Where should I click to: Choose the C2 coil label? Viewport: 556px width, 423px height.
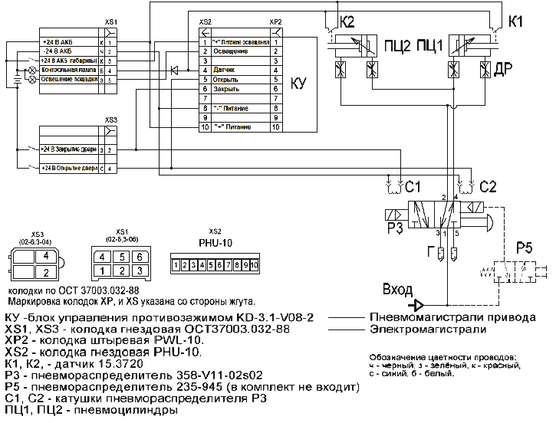click(x=488, y=185)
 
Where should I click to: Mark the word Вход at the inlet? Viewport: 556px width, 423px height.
click(x=397, y=290)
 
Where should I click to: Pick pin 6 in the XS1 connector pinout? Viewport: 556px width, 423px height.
click(x=140, y=257)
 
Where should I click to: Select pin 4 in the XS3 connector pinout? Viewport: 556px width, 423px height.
click(x=46, y=256)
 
